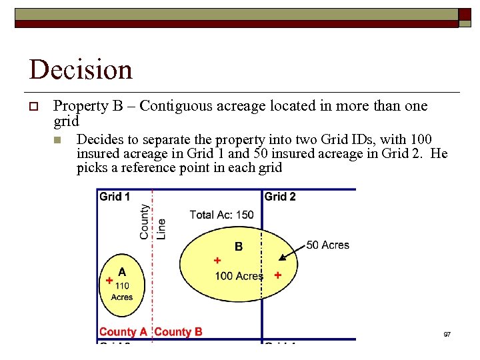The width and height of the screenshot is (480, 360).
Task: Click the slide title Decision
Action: click(81, 70)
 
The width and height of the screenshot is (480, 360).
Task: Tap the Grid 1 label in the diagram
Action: click(115, 197)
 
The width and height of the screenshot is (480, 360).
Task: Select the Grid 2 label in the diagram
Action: click(280, 197)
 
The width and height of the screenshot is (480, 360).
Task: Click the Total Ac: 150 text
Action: click(221, 215)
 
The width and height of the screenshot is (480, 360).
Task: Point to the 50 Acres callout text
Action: click(327, 245)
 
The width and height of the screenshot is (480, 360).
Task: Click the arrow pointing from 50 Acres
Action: click(292, 252)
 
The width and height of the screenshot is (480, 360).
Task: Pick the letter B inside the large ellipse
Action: click(239, 247)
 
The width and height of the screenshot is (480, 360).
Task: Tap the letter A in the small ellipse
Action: click(122, 272)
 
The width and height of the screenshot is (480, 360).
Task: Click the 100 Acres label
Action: click(239, 276)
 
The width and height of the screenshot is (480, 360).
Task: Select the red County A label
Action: click(123, 332)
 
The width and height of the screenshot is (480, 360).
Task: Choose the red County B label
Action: click(178, 332)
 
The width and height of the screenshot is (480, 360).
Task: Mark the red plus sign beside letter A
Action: click(109, 281)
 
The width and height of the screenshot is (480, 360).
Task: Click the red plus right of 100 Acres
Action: click(277, 275)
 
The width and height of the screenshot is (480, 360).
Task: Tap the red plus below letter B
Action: click(217, 260)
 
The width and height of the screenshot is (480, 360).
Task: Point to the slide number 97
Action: click(447, 333)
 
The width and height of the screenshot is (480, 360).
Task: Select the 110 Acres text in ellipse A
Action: click(122, 291)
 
